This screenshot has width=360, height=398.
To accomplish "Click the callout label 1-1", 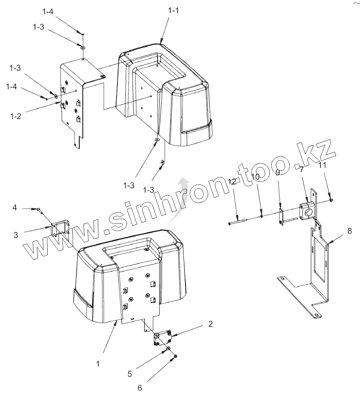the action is pyautogui.click(x=173, y=11).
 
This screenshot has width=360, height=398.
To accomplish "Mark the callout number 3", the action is pyautogui.click(x=16, y=235).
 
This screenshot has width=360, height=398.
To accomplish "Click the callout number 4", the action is pyautogui.click(x=15, y=208).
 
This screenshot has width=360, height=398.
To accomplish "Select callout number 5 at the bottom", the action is pyautogui.click(x=130, y=374).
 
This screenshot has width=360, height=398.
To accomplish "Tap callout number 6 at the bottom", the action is pyautogui.click(x=139, y=388).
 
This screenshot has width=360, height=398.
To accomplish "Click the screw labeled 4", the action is pyautogui.click(x=39, y=209).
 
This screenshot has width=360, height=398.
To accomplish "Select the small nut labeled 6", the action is pyautogui.click(x=176, y=356).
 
